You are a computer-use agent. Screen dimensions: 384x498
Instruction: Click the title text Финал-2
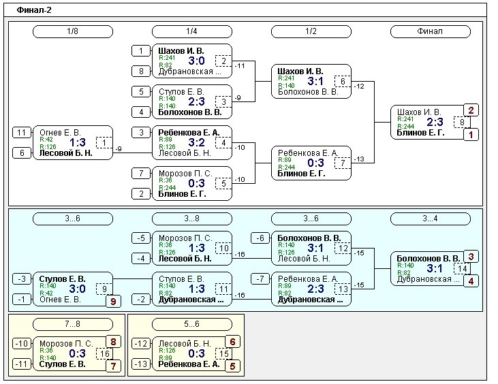pos(34,10)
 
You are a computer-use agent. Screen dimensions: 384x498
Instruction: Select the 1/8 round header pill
pos(73,31)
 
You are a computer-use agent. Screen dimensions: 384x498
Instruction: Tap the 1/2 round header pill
pos(311,31)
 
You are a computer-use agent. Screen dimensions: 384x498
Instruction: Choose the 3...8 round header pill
pos(192,219)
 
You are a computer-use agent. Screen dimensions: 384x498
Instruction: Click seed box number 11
pos(21,133)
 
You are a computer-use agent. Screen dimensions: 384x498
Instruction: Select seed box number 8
pos(140,71)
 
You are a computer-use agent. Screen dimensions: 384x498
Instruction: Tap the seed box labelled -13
pos(140,364)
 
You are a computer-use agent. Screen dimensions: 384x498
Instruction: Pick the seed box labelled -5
pos(140,238)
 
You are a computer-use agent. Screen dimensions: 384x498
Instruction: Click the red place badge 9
pos(113,300)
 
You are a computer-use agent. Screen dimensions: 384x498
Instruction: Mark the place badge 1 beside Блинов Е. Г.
pos(470,135)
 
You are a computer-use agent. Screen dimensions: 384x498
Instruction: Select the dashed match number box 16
pos(105,354)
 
